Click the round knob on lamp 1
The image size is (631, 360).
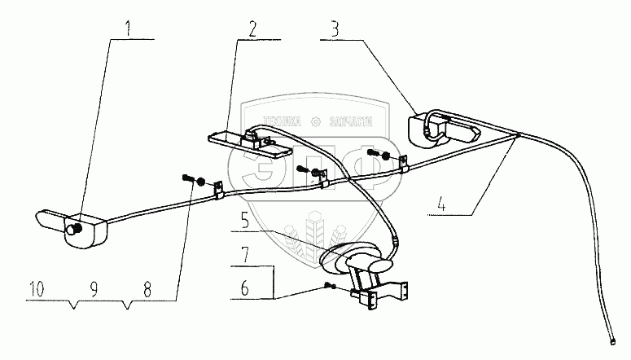click(72, 230)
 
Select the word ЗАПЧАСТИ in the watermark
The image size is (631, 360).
click(351, 121)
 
